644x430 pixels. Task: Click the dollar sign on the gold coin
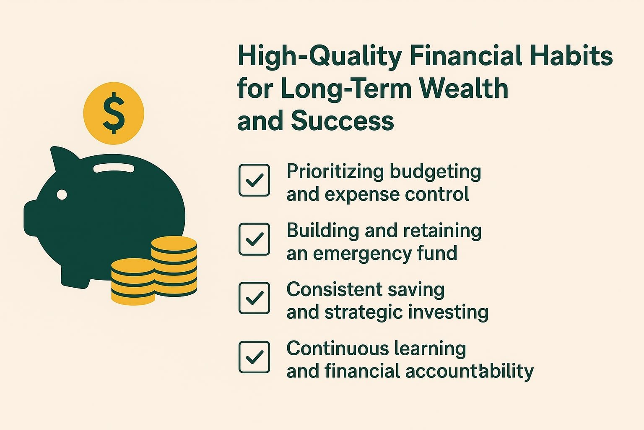pos(114,113)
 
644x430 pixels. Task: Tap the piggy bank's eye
pos(62,194)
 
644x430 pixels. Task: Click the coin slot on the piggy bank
pos(114,168)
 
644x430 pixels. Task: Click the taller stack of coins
pos(174,266)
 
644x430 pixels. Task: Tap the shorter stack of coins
pos(133,281)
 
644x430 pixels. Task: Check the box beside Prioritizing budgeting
pos(254,180)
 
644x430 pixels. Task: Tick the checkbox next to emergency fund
pos(254,239)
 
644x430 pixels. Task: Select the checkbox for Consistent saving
pos(254,298)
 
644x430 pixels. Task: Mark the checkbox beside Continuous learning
pos(254,357)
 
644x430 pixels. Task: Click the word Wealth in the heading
pos(464,88)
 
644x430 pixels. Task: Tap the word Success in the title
pos(342,121)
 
